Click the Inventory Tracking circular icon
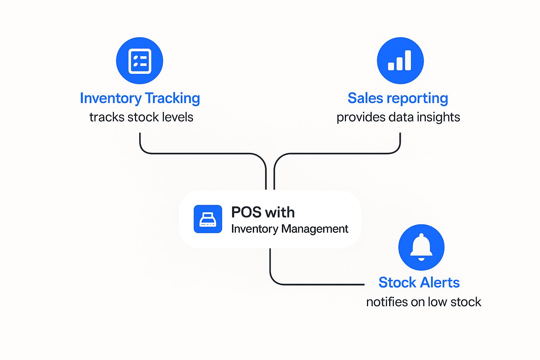pos(140,61)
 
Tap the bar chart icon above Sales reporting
pos(400,61)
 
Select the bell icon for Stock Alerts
pos(421,247)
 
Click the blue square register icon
pos(208,219)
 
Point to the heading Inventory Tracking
pos(140,98)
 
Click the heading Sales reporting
pos(398,98)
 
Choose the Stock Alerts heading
pos(419,282)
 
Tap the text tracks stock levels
pos(141,117)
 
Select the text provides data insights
pos(398,117)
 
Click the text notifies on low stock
pos(423,302)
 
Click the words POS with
pos(263,212)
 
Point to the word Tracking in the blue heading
pos(172,98)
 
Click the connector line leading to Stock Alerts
pos(316,284)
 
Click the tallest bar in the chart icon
pos(407,60)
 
